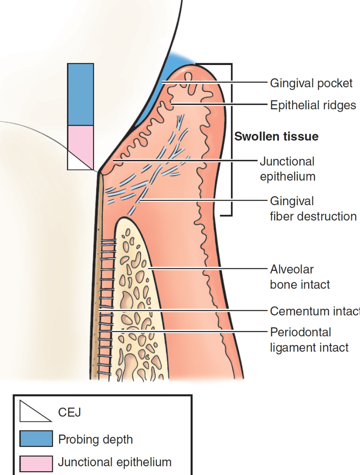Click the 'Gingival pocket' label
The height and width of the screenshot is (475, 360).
click(x=311, y=83)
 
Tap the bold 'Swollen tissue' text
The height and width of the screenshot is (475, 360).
click(x=276, y=136)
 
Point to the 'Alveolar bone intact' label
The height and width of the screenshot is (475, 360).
click(x=299, y=277)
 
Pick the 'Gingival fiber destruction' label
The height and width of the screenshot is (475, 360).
click(x=313, y=208)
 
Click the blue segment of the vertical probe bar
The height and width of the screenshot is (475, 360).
click(x=81, y=94)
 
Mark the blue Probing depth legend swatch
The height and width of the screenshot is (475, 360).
click(x=36, y=439)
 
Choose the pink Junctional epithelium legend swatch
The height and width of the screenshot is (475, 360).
click(x=36, y=462)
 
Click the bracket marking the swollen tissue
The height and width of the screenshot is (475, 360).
click(x=231, y=140)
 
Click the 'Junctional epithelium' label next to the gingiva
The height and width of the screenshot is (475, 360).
click(x=287, y=169)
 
